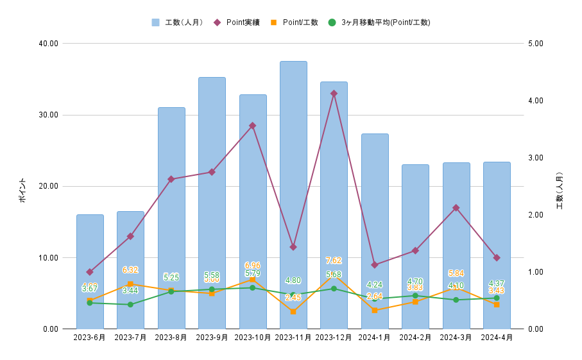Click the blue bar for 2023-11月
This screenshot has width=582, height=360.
click(x=293, y=193)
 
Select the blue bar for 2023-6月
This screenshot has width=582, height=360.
click(x=90, y=270)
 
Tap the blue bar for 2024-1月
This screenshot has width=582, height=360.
click(x=375, y=231)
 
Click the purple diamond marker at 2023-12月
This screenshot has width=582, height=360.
click(x=334, y=93)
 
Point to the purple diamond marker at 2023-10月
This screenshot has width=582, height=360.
click(x=252, y=126)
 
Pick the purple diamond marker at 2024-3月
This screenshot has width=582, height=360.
click(x=456, y=208)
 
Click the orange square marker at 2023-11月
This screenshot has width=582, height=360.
click(x=293, y=312)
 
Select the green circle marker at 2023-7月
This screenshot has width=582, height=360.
click(x=130, y=305)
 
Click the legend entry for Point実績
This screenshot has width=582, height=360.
click(x=237, y=22)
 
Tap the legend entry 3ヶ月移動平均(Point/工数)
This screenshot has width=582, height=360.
click(x=379, y=22)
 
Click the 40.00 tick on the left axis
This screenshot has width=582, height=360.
click(x=49, y=44)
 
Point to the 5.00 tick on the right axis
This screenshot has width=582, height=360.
click(x=536, y=44)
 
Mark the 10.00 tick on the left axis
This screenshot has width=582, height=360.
click(x=49, y=258)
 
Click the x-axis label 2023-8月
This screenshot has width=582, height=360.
click(x=171, y=338)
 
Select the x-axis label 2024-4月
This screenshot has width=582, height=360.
click(x=497, y=338)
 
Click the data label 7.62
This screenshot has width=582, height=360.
click(x=334, y=261)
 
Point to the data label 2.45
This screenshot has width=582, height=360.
click(x=293, y=298)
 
